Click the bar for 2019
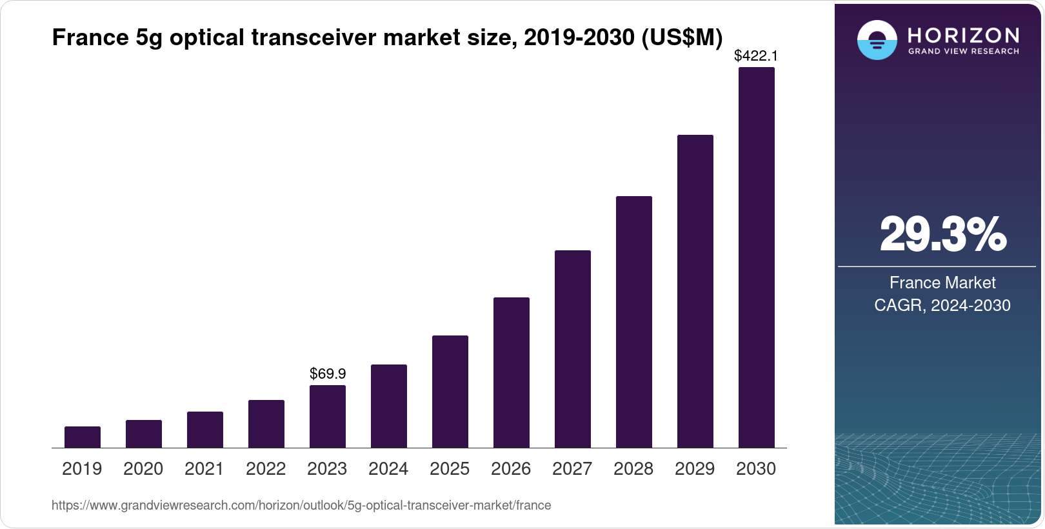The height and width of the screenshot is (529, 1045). click(83, 437)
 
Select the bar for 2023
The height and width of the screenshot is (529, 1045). click(328, 416)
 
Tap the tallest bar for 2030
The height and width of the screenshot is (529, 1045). click(756, 258)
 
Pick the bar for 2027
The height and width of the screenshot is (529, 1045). click(572, 349)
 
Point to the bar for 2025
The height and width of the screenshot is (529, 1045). click(450, 392)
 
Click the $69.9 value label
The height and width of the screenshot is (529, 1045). click(328, 374)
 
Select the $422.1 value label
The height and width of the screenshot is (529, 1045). click(756, 56)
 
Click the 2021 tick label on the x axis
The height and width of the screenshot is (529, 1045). click(204, 469)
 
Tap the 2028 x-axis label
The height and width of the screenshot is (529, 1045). click(633, 469)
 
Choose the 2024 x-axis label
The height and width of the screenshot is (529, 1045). click(388, 469)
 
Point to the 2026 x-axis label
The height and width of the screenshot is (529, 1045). click(511, 469)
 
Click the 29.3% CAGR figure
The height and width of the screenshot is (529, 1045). click(942, 235)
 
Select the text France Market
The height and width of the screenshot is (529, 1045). click(942, 283)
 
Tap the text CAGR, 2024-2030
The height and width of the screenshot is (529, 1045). click(942, 305)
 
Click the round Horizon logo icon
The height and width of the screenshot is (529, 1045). click(877, 40)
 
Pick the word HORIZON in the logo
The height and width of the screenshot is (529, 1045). click(963, 35)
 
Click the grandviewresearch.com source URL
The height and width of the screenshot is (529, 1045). click(301, 506)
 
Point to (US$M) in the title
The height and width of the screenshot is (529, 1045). click(682, 38)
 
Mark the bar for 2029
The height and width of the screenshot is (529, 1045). click(695, 291)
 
